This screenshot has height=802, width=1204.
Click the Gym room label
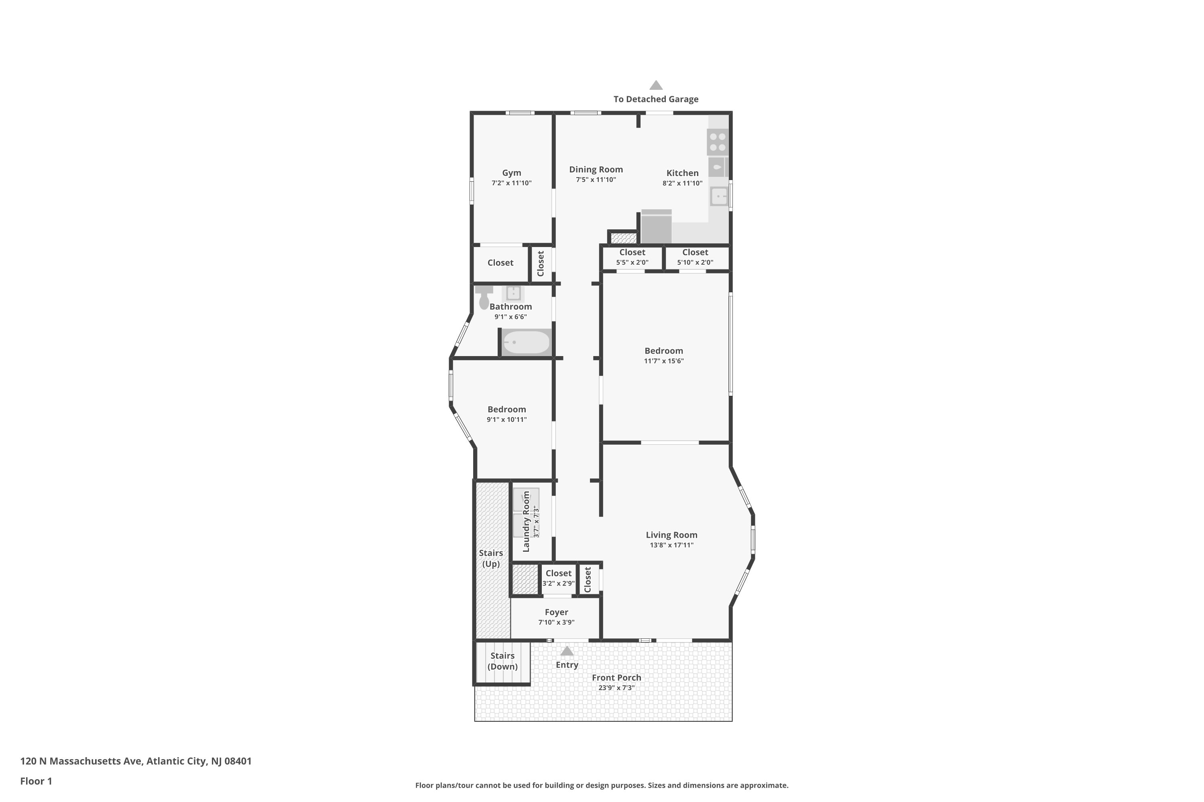point(511,173)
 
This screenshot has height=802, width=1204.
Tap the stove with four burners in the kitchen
point(717,142)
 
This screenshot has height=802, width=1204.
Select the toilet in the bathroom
point(484,298)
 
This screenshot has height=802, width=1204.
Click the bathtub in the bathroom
point(526,342)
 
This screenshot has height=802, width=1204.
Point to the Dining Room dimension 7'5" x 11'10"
point(596,180)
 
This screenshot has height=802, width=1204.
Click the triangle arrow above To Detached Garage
point(656,85)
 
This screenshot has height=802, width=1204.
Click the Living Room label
point(671,535)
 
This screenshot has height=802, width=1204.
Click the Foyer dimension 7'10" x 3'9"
point(556,622)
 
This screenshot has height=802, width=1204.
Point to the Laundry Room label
point(526,522)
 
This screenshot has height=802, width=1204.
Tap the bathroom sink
point(513,293)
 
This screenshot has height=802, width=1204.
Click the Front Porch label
point(616,678)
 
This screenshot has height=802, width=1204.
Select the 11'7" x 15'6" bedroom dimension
point(663,361)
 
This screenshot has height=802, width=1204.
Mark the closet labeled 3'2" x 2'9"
point(559,579)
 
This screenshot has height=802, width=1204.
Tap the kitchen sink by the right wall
point(719,196)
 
